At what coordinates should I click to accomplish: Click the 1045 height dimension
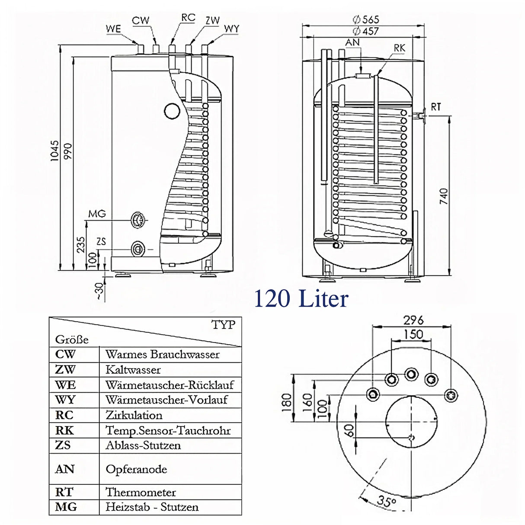(54, 151)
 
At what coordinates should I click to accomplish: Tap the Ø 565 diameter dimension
(365, 19)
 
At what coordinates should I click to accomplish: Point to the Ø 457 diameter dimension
(365, 31)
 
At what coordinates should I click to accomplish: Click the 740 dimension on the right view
(444, 197)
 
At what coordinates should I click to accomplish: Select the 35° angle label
(386, 501)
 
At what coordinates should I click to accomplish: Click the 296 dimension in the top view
(413, 320)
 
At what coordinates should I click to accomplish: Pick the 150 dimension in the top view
(413, 334)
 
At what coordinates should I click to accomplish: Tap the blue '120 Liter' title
(301, 299)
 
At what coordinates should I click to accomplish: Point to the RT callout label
(436, 106)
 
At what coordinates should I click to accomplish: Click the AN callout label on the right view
(352, 42)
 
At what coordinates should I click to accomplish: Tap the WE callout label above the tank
(113, 29)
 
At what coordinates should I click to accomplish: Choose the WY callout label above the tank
(231, 29)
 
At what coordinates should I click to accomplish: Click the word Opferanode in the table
(136, 469)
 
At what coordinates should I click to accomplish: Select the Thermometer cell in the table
(141, 492)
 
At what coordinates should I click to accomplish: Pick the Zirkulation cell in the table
(134, 415)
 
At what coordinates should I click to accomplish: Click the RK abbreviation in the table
(64, 430)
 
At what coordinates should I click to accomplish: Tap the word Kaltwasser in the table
(133, 370)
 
